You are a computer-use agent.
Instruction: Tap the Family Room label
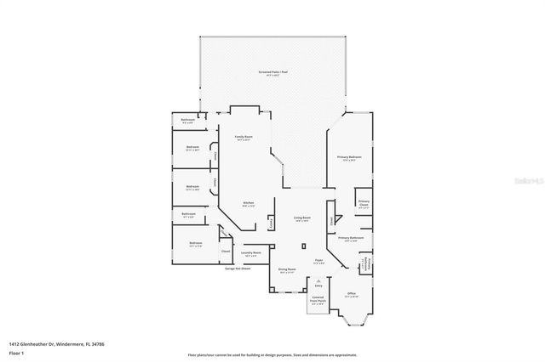point(243,138)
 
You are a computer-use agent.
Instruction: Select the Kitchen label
point(249,203)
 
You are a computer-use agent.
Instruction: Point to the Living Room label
point(302,218)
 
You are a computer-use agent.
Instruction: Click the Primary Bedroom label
point(349,158)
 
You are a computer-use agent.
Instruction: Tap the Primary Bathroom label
point(350,239)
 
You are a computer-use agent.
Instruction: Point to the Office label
point(351,294)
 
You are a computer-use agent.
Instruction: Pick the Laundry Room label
point(250,253)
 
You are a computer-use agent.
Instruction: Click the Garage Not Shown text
point(238,269)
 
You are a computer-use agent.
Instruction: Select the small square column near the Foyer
point(303,246)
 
